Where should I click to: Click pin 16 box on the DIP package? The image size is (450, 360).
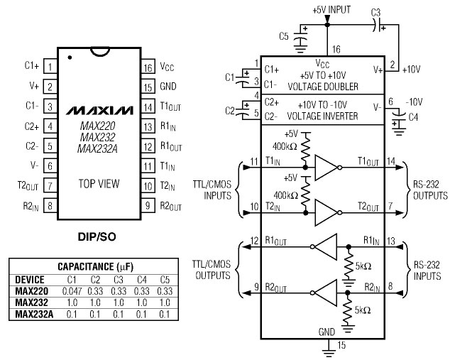(x=148, y=67)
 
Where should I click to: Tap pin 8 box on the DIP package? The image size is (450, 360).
(x=50, y=205)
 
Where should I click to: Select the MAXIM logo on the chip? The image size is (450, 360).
(x=99, y=111)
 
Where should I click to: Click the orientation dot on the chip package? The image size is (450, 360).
(x=70, y=58)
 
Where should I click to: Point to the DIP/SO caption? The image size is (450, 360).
(x=97, y=237)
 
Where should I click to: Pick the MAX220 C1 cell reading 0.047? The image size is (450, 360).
(x=72, y=291)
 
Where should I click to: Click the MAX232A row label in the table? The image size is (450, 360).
(x=34, y=314)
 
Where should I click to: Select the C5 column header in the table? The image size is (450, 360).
(x=165, y=280)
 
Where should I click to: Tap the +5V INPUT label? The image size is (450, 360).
(x=331, y=10)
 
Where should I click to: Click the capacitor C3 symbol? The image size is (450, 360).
(x=378, y=25)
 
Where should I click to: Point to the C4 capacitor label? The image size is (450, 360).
(x=413, y=117)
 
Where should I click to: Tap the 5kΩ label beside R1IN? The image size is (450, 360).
(x=363, y=266)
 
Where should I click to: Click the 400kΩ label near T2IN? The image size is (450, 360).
(x=285, y=195)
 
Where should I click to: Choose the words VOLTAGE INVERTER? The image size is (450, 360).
(x=322, y=116)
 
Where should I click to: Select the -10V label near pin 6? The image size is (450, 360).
(x=414, y=102)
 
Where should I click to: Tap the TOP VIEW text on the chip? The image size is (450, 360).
(x=99, y=183)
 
